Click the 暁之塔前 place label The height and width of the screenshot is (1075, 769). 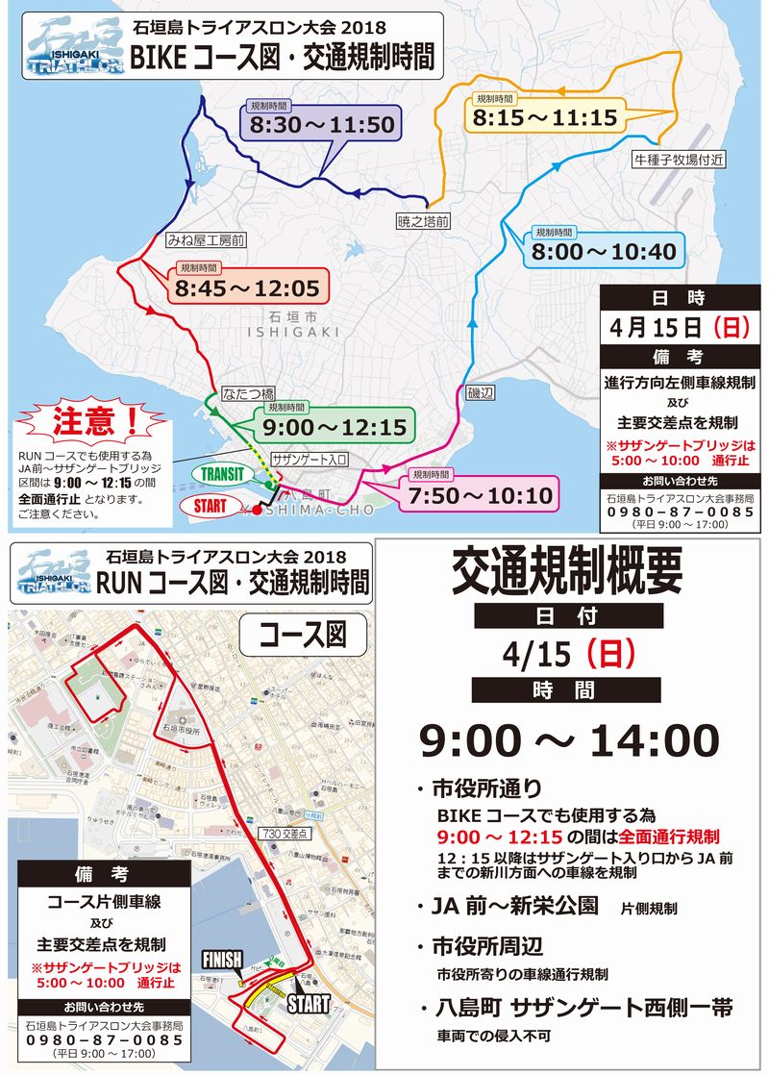pyautogui.click(x=424, y=222)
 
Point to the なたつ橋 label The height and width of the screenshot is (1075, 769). pyautogui.click(x=248, y=392)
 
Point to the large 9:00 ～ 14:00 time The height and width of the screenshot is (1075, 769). pyautogui.click(x=568, y=740)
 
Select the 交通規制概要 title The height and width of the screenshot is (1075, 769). pyautogui.click(x=568, y=574)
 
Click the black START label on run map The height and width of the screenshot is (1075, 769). pyautogui.click(x=308, y=1004)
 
